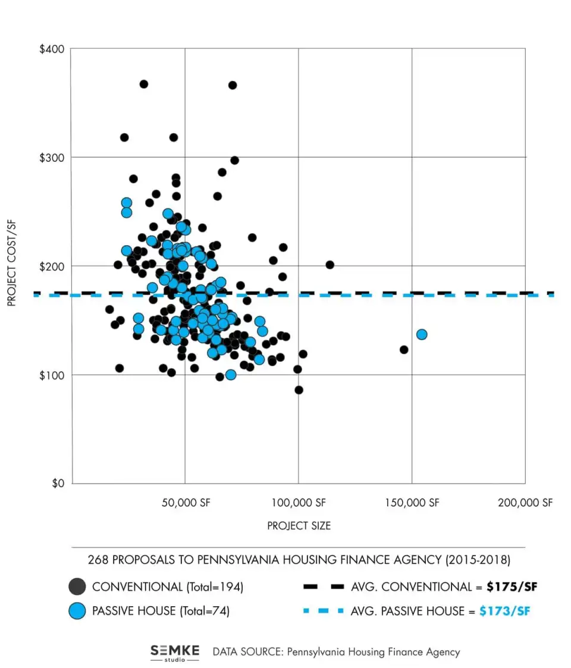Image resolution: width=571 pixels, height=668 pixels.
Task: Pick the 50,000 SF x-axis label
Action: pos(185,503)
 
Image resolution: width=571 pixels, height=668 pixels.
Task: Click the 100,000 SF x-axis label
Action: pos(299,503)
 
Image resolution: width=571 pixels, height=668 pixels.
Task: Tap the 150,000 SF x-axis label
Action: pos(412,503)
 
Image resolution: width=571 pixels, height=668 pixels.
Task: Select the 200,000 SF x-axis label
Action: pos(525,503)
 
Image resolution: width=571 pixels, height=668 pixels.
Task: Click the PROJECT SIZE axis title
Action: pos(299,526)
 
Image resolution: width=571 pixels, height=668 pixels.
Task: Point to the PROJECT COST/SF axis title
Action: pos(11,266)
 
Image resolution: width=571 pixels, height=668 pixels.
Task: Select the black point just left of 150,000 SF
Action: pos(404,350)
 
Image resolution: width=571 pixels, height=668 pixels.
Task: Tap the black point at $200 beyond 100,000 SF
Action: pos(330,265)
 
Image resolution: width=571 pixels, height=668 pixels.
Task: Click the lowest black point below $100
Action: pos(299,390)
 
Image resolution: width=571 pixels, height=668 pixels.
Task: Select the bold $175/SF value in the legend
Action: pos(512,587)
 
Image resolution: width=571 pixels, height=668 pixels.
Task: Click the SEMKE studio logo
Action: pos(174,652)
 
